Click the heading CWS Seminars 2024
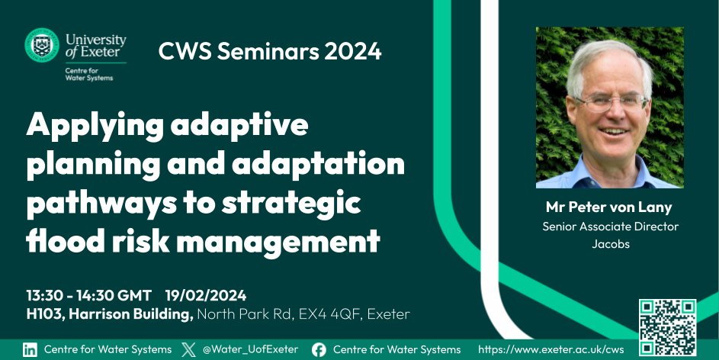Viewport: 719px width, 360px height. coord(270,52)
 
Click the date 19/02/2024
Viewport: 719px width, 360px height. coord(205,295)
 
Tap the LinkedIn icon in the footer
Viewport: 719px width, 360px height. coord(30,349)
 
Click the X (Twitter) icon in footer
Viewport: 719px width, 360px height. coord(189,349)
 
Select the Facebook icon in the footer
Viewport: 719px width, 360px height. coord(319,349)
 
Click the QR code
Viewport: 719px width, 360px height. coord(667,323)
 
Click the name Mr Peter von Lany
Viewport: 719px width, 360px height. coord(610,207)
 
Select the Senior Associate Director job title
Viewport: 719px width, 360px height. coord(610,226)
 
